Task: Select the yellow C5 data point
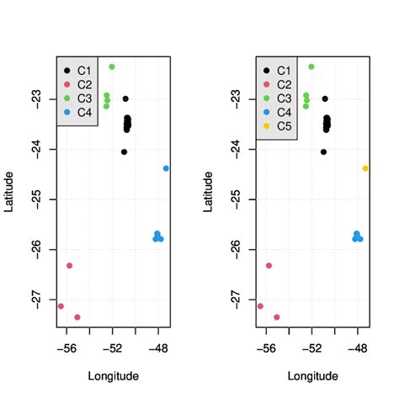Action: click(365, 168)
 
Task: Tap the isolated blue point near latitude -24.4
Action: click(166, 168)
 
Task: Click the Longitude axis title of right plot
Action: click(311, 375)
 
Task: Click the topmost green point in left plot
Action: click(112, 66)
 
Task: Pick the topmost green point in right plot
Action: click(311, 66)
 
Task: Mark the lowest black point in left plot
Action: click(124, 152)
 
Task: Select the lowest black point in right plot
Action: click(323, 152)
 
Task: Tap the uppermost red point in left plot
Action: click(69, 266)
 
